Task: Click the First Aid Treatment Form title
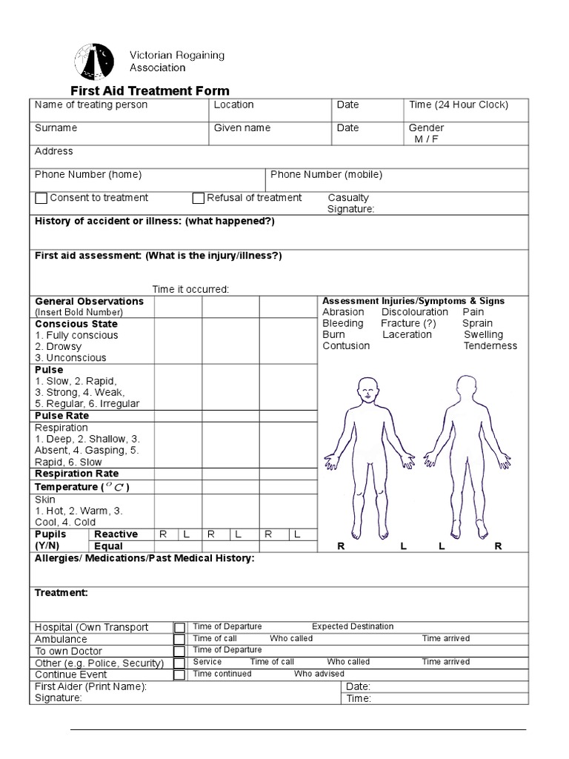[150, 90]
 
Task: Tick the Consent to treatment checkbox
[41, 198]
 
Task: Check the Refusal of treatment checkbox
[199, 198]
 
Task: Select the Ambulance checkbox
[179, 640]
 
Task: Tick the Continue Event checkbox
[179, 675]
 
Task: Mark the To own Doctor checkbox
[179, 652]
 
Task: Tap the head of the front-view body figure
[366, 388]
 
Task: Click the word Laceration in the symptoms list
[407, 334]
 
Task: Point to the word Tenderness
[490, 346]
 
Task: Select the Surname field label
[56, 128]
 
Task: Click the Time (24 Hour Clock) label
[459, 105]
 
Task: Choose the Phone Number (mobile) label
[326, 175]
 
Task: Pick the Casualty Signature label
[350, 204]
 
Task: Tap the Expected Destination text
[353, 627]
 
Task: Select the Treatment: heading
[61, 593]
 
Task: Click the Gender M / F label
[426, 133]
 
